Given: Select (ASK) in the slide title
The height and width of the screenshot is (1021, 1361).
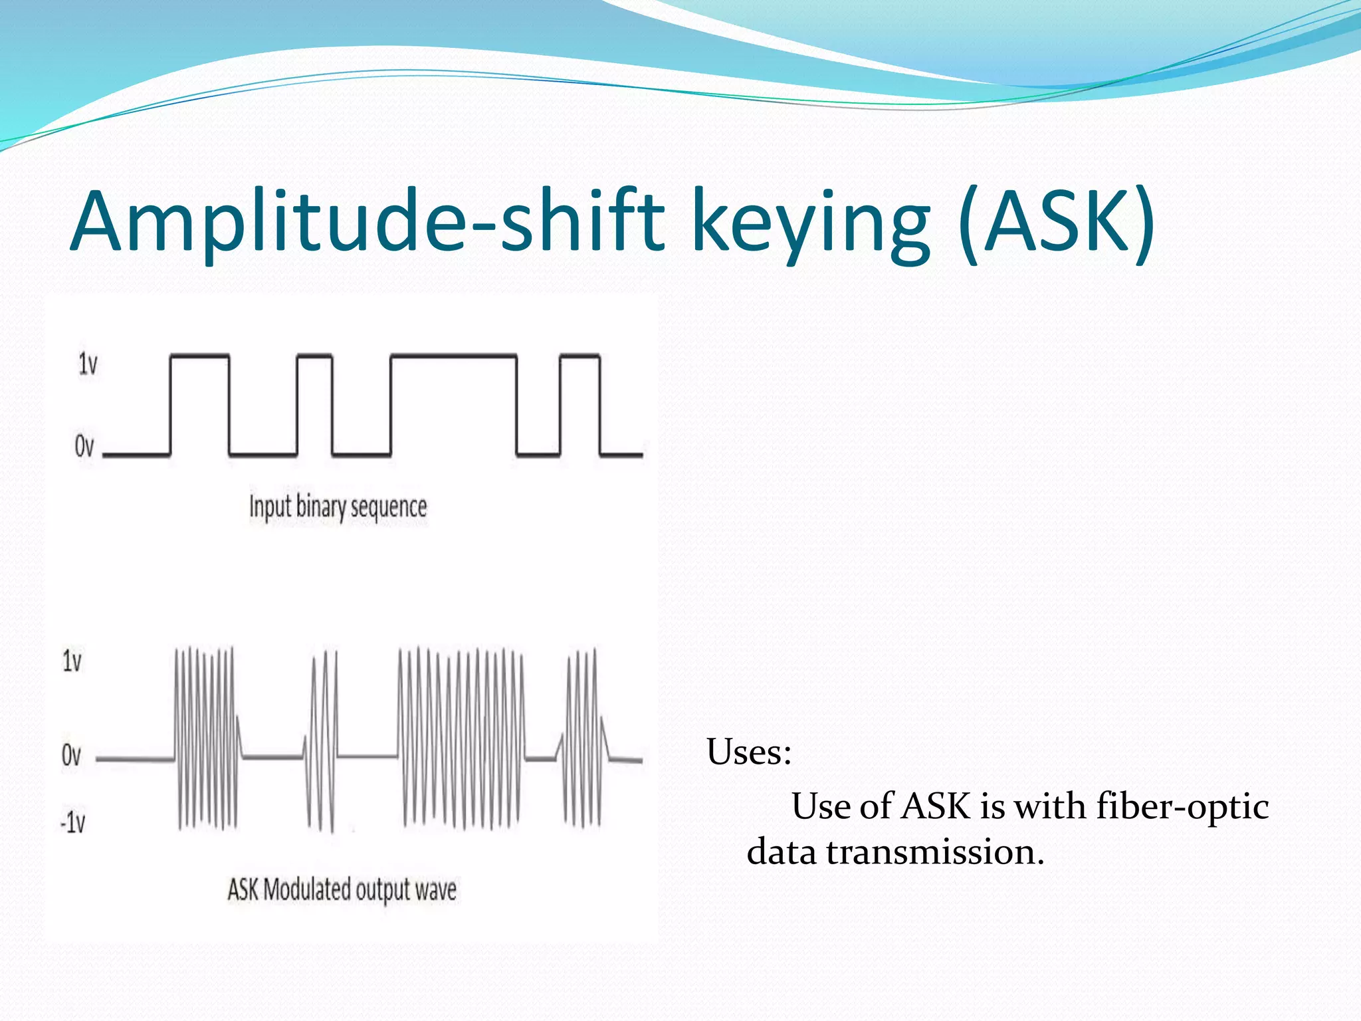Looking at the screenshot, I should tap(1057, 223).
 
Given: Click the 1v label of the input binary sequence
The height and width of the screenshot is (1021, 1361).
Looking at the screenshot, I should tap(88, 364).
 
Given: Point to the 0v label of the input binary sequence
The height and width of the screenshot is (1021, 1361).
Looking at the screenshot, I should tap(84, 446).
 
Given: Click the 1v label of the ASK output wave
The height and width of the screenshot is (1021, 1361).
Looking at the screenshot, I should tap(72, 661).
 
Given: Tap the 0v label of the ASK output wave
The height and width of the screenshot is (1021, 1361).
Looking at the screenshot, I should tap(71, 756).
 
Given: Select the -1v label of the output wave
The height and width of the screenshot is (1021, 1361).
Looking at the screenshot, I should tap(73, 823).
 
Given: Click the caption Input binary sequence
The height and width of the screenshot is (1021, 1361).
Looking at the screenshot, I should tap(338, 508).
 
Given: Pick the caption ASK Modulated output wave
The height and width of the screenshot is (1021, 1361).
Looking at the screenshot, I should tap(342, 890).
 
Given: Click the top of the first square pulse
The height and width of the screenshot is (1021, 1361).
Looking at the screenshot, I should tap(200, 357).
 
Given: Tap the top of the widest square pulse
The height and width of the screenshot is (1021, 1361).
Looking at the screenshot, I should tap(454, 357).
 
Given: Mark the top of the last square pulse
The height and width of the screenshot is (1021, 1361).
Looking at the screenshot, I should tap(580, 357).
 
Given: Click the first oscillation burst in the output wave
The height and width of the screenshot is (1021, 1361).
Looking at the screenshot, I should tap(206, 738).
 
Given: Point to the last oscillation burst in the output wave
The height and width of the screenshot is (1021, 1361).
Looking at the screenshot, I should tap(583, 738).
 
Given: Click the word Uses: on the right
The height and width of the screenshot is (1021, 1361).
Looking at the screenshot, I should tap(749, 752).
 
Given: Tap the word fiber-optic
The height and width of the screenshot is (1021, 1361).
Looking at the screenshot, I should tap(1182, 806).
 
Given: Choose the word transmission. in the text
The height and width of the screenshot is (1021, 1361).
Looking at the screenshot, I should tap(935, 852).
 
